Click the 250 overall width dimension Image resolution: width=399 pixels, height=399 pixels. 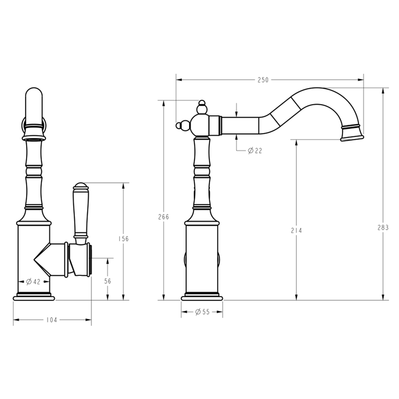(x=263, y=80)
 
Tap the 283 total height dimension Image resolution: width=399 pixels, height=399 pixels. (x=382, y=227)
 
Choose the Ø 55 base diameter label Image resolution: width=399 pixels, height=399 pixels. (x=202, y=312)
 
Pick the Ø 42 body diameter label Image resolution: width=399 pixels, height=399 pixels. (x=33, y=282)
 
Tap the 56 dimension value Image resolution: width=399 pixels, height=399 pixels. (x=108, y=281)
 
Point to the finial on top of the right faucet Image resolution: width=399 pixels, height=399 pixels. (x=203, y=105)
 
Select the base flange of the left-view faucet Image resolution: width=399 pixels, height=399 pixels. (x=34, y=296)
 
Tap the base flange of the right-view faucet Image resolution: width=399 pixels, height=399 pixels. (x=202, y=297)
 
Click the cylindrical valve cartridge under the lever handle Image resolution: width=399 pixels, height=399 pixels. (x=80, y=260)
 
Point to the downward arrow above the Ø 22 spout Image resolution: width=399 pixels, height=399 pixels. (x=237, y=110)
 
